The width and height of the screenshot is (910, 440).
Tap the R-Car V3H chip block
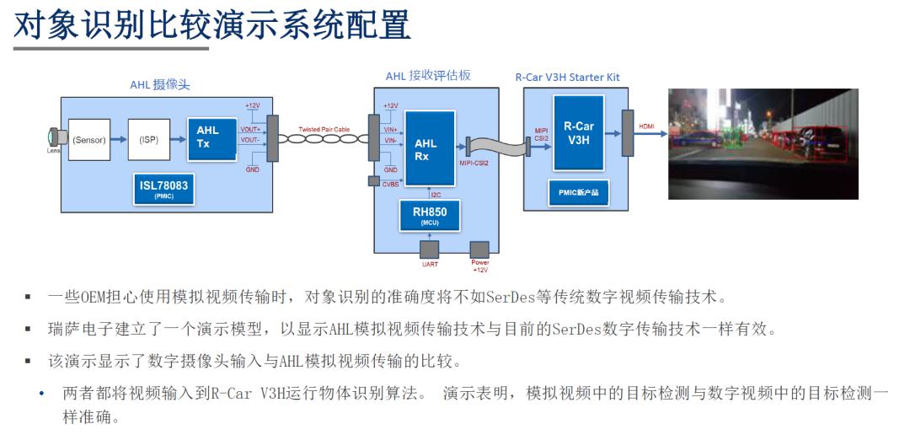click(579, 132)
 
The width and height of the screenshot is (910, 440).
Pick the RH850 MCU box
click(430, 216)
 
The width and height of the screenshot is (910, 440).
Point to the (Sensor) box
click(88, 140)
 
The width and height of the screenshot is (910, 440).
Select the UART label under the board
click(429, 263)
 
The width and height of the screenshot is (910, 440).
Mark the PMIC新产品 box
click(578, 192)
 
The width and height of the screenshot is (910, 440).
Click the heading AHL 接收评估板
click(428, 76)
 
